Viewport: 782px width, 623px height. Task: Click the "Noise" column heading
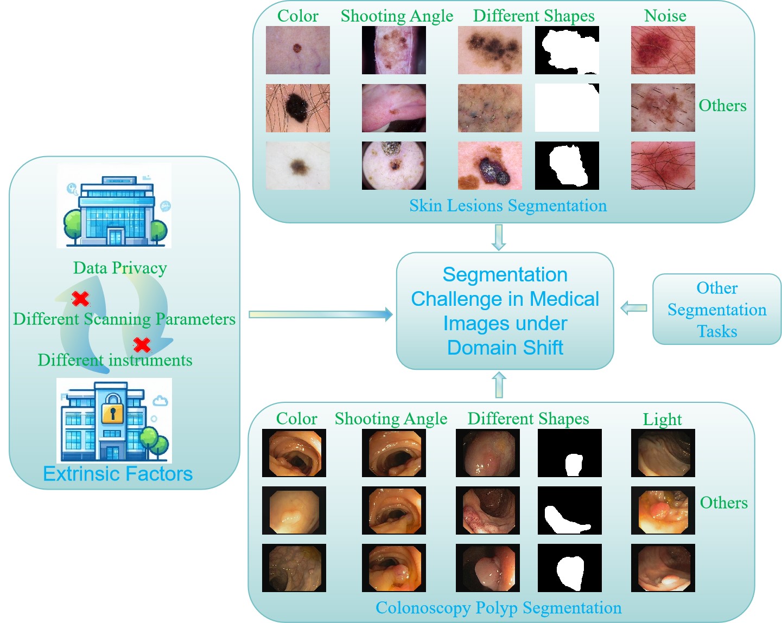coord(665,16)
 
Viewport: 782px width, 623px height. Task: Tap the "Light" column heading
coord(662,419)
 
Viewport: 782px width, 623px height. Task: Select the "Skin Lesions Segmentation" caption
coord(508,205)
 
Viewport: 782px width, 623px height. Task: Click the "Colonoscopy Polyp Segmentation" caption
coord(498,608)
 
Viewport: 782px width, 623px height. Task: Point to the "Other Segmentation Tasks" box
coord(716,309)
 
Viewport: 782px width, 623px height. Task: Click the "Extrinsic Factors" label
coord(118,474)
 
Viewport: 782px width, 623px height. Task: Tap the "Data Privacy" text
coord(120,268)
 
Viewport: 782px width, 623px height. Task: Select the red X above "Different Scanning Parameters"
coord(81,298)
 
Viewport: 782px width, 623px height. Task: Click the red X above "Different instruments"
coord(142,344)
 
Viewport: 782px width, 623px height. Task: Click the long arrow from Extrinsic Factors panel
coord(320,314)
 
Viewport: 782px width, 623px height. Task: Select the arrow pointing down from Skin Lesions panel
coord(498,237)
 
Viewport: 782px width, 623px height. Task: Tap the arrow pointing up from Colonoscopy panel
coord(499,385)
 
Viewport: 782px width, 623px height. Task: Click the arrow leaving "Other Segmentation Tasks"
coord(633,308)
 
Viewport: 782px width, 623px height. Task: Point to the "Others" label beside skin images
coord(722,106)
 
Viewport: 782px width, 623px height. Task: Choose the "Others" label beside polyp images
coord(723,503)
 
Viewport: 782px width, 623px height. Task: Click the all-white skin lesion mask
coord(567,108)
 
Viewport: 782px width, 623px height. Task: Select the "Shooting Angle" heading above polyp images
coord(391,419)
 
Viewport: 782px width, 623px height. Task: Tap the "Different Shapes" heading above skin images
coord(533,16)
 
